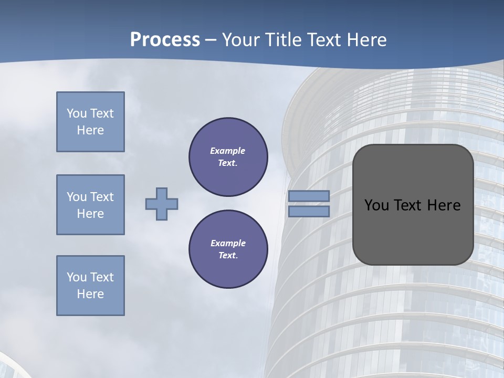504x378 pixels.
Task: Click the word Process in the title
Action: pos(165,40)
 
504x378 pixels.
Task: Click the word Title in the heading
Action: pos(284,40)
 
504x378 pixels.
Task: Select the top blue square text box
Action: pos(90,122)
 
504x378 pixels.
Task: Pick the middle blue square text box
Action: pos(90,205)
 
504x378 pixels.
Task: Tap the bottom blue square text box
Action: pos(90,286)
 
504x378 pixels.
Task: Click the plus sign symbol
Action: pos(162,204)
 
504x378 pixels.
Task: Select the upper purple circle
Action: pos(228,157)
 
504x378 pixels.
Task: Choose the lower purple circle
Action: pos(228,249)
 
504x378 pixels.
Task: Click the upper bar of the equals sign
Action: pos(309,196)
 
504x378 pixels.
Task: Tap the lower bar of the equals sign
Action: pos(309,211)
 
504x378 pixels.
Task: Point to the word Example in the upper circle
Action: pos(227,151)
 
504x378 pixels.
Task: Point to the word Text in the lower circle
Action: pos(228,256)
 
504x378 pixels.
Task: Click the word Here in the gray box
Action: pos(444,205)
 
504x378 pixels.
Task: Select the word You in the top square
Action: pos(77,113)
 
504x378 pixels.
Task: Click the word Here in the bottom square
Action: pos(90,294)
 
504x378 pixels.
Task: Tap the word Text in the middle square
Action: pos(102,197)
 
